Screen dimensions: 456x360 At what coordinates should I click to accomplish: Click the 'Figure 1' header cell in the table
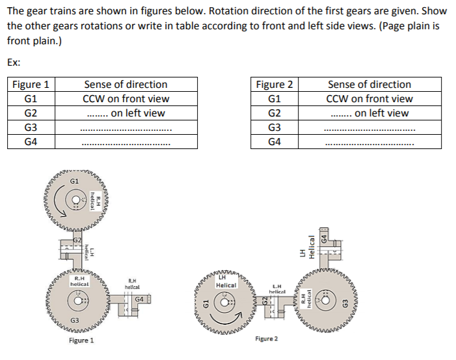[31, 85]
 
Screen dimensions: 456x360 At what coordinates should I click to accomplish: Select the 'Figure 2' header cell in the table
[275, 85]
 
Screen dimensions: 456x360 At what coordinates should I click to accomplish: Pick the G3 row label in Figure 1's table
[31, 127]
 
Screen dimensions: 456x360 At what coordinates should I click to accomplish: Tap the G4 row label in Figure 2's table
[275, 141]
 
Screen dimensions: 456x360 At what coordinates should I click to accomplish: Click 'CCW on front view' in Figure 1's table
[126, 99]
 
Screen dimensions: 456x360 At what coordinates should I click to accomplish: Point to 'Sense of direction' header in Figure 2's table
[369, 85]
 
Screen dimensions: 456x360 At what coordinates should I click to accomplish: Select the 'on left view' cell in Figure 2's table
[369, 113]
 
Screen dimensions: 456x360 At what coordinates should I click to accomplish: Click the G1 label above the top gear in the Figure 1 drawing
[74, 180]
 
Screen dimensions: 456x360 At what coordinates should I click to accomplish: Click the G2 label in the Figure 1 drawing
[77, 240]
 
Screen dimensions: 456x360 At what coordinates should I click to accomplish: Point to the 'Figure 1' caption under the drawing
[81, 340]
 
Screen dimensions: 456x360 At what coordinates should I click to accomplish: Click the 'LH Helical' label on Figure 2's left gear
[226, 282]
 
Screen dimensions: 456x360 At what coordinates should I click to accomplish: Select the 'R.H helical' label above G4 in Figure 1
[132, 283]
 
